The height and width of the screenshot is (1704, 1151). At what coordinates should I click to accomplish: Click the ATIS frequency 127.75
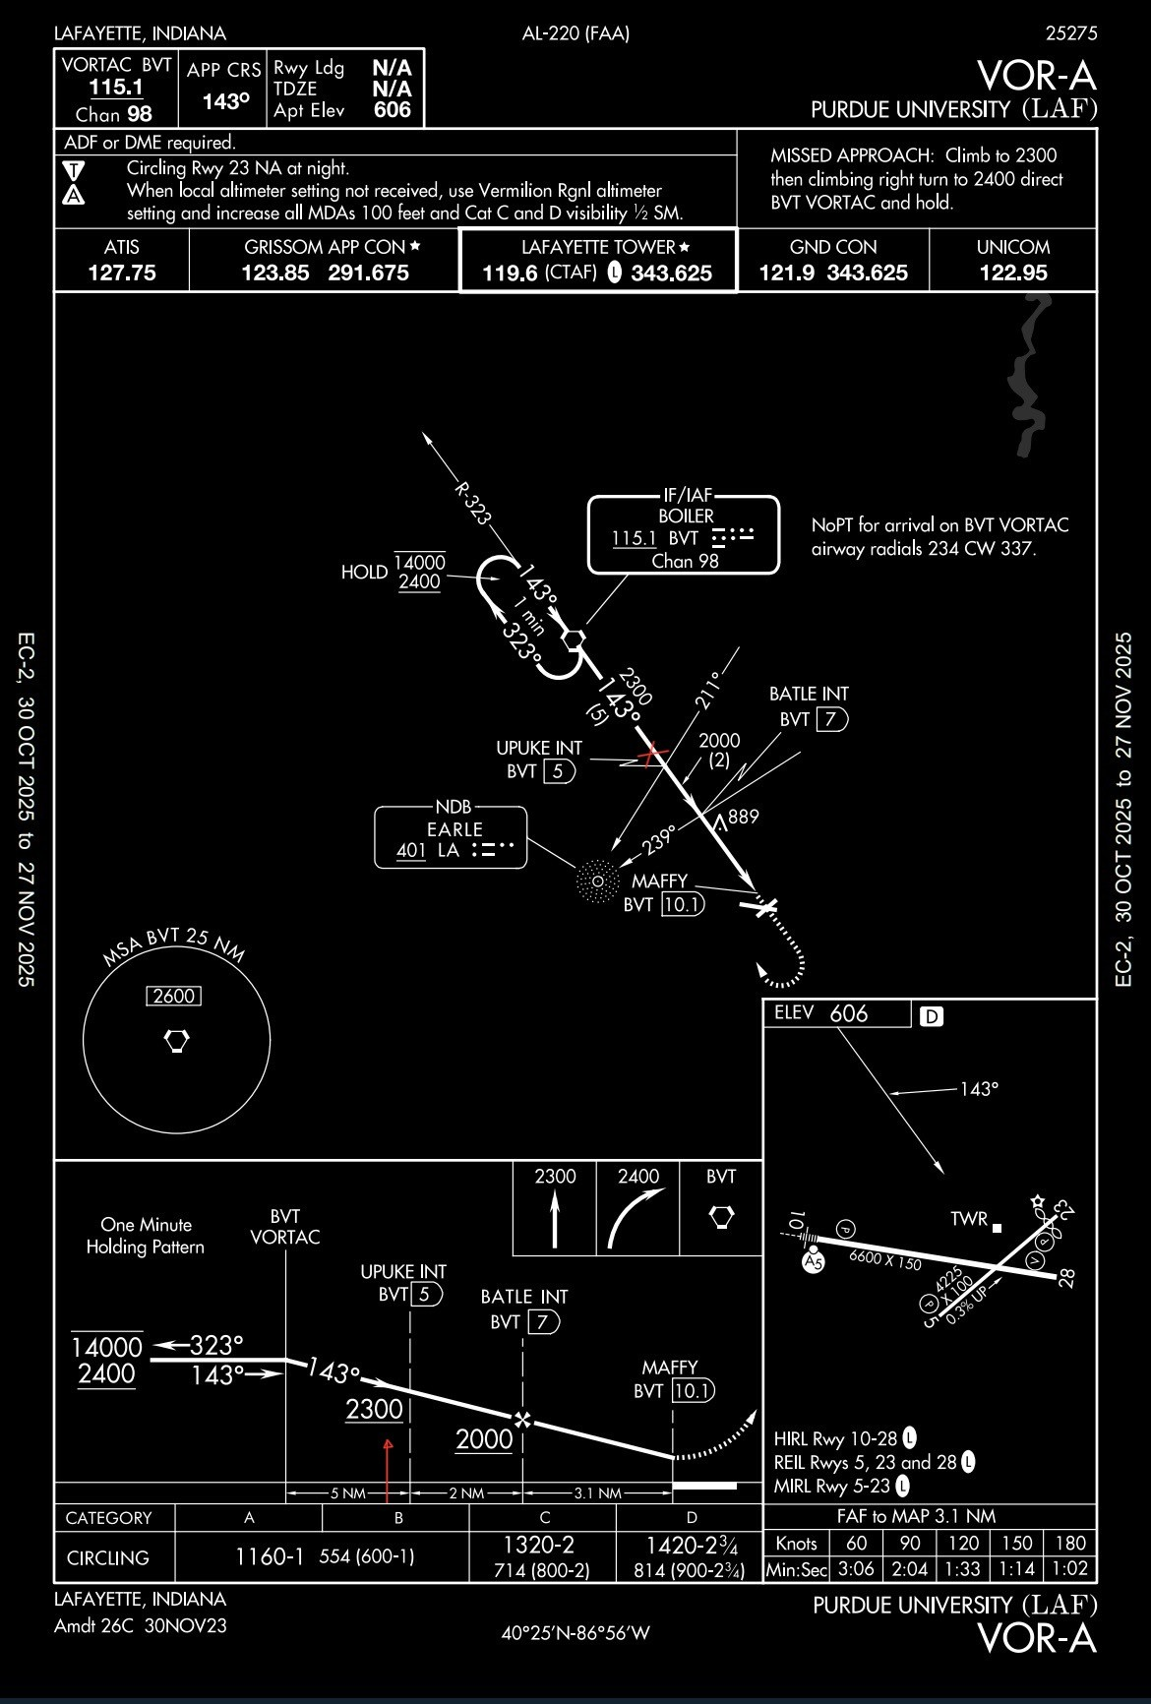(x=122, y=273)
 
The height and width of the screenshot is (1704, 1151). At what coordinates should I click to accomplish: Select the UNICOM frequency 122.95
(x=1013, y=273)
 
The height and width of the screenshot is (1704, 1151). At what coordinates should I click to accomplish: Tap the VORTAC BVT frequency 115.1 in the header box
(x=116, y=87)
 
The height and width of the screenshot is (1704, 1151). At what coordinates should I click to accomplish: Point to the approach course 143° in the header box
(x=225, y=101)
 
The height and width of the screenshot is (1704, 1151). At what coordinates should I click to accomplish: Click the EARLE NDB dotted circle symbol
(x=596, y=880)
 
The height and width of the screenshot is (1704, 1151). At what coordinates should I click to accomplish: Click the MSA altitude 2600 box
(x=174, y=996)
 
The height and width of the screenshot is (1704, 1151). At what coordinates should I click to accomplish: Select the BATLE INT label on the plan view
(x=809, y=694)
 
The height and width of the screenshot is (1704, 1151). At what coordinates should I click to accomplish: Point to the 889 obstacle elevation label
(x=744, y=816)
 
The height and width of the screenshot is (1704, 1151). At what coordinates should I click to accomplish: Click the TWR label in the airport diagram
(x=969, y=1219)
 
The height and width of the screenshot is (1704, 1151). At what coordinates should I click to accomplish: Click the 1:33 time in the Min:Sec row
(x=963, y=1569)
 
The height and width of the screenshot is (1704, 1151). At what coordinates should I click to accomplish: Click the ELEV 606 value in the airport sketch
(x=849, y=1013)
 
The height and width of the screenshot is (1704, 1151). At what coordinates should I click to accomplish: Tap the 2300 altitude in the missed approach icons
(x=555, y=1177)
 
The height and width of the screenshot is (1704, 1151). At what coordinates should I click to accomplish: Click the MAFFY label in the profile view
(x=670, y=1368)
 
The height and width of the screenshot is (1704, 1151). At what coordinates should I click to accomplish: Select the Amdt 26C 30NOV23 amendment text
(x=141, y=1625)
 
